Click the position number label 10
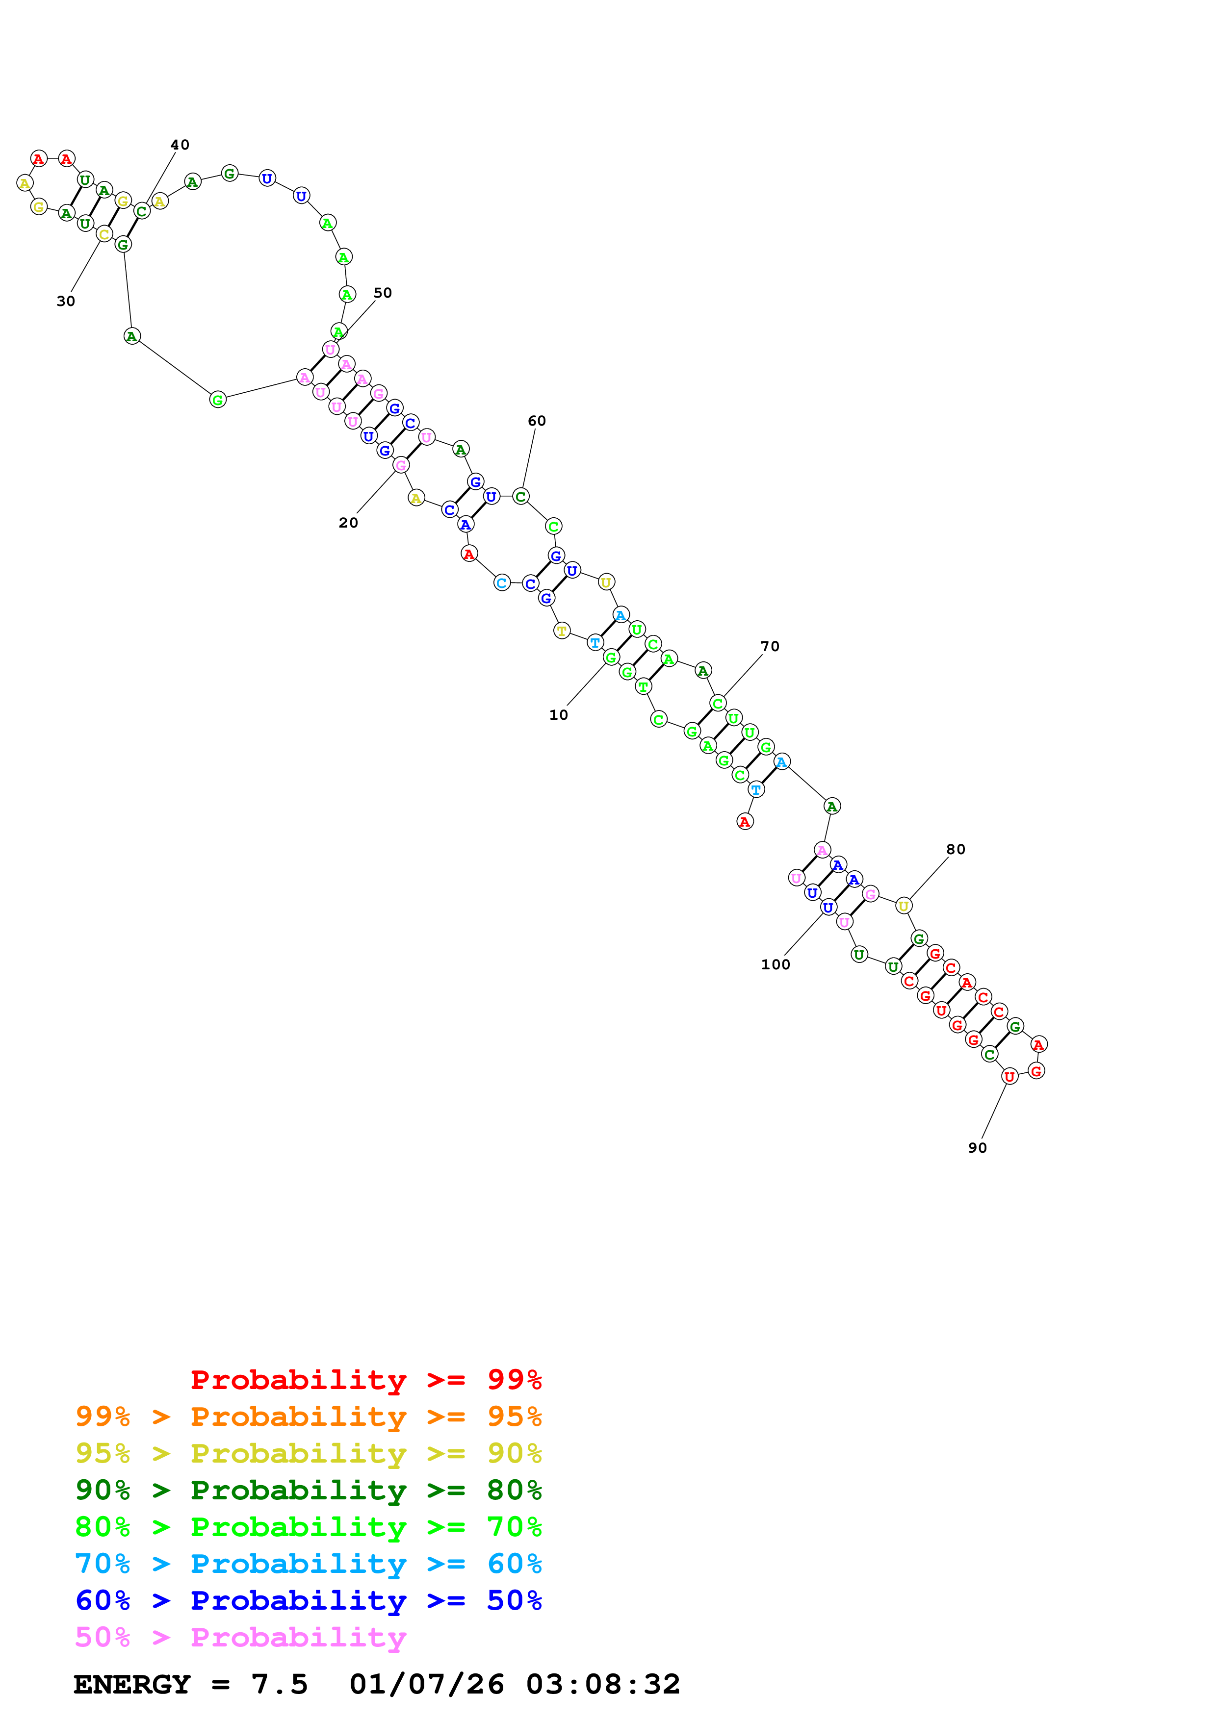[558, 715]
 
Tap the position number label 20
[348, 523]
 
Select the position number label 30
[66, 301]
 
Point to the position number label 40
[180, 145]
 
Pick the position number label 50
[383, 293]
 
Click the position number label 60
[537, 421]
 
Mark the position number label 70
[770, 647]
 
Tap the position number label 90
[978, 1148]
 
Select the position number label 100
[776, 965]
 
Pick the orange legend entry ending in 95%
[309, 1416]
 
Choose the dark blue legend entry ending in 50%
[309, 1600]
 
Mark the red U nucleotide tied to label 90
[1009, 1077]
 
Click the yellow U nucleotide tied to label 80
[904, 906]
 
